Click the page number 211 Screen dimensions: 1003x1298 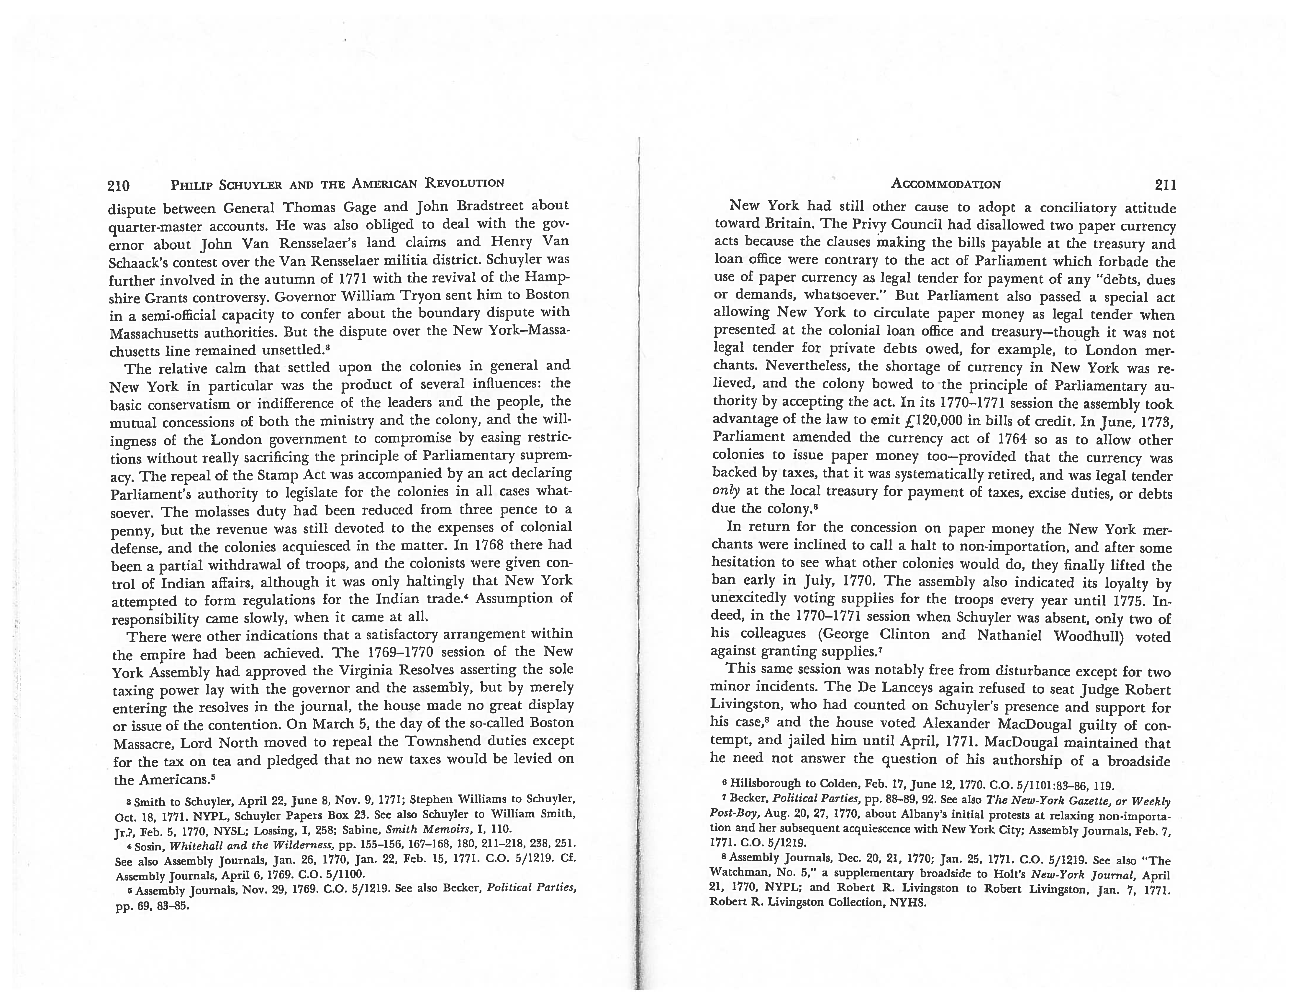tap(1165, 185)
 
